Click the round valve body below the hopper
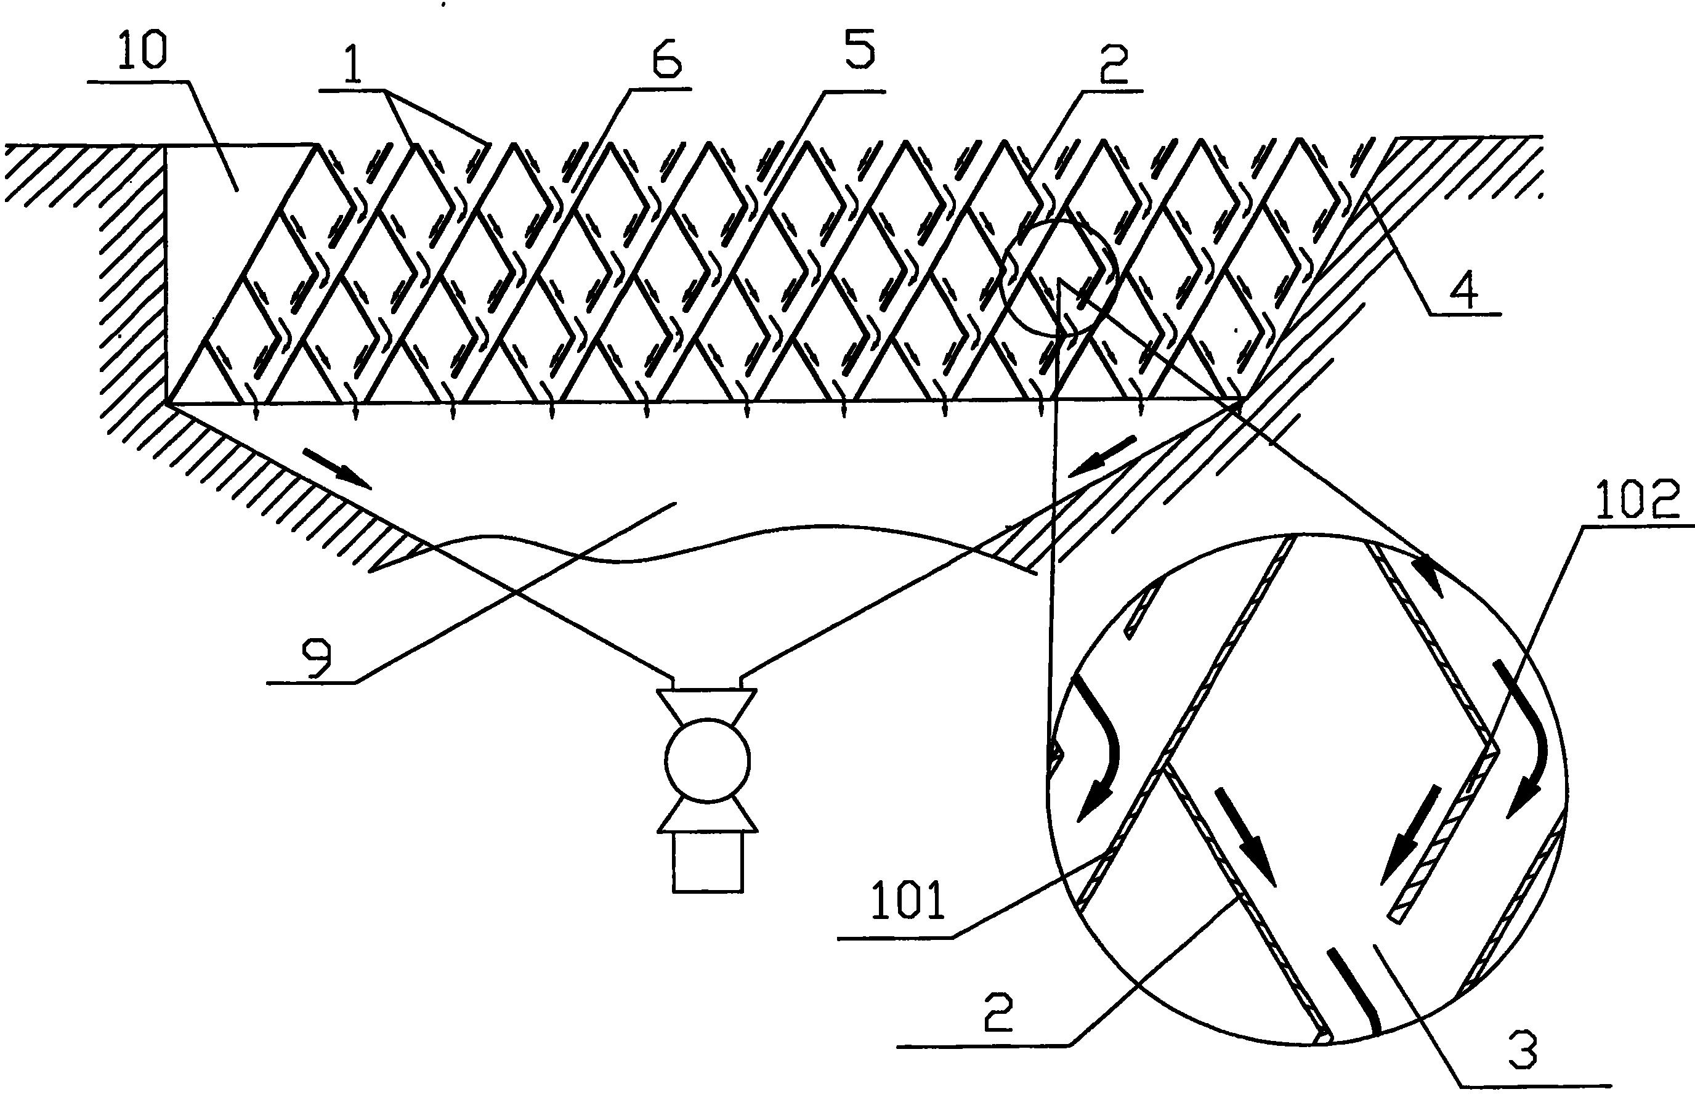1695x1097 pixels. tap(707, 761)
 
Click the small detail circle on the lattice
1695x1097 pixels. tap(1058, 278)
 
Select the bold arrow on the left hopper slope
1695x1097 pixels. tap(337, 468)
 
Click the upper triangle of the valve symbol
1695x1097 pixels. tap(707, 705)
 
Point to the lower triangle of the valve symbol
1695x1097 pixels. tap(707, 816)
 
